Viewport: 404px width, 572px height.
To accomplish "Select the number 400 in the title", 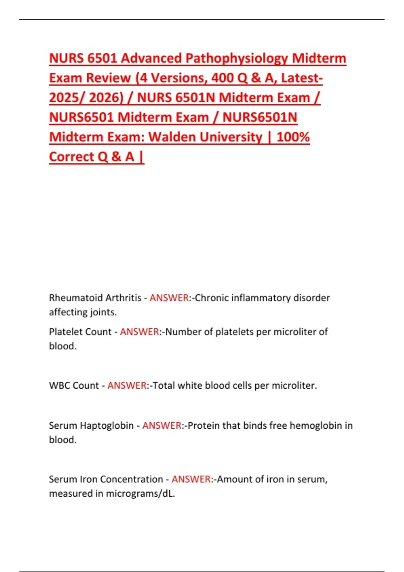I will pyautogui.click(x=223, y=78).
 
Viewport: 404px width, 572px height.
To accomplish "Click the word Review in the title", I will pyautogui.click(x=108, y=78).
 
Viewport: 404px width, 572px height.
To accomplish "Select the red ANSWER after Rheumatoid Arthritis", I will pyautogui.click(x=169, y=298).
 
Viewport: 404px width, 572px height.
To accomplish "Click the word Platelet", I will pyautogui.click(x=63, y=332).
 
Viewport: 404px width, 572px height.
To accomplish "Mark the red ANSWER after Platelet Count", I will pyautogui.click(x=139, y=332).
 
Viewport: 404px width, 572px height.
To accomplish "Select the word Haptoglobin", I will pyautogui.click(x=107, y=426).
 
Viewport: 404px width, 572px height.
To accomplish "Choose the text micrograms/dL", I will pyautogui.click(x=140, y=494).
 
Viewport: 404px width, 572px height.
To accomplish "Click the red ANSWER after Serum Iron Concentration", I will pyautogui.click(x=191, y=479).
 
